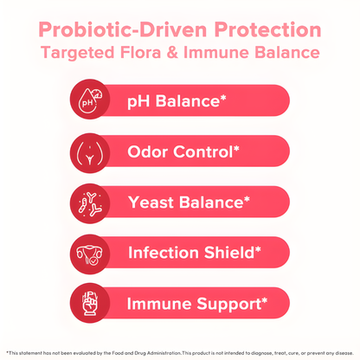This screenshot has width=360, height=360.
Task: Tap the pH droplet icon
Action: click(x=91, y=102)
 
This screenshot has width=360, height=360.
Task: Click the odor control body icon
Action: click(x=91, y=152)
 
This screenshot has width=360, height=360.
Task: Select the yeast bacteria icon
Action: click(x=91, y=203)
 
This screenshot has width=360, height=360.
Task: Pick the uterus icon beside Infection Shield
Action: click(x=91, y=254)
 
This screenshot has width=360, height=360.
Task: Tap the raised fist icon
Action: click(x=91, y=305)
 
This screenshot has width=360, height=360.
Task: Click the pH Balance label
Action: click(x=173, y=102)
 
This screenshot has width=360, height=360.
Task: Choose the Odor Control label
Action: click(x=179, y=152)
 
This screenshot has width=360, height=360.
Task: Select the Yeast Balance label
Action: click(x=183, y=203)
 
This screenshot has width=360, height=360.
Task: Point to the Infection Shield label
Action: click(x=188, y=254)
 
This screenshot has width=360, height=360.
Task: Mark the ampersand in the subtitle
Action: click(x=193, y=53)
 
